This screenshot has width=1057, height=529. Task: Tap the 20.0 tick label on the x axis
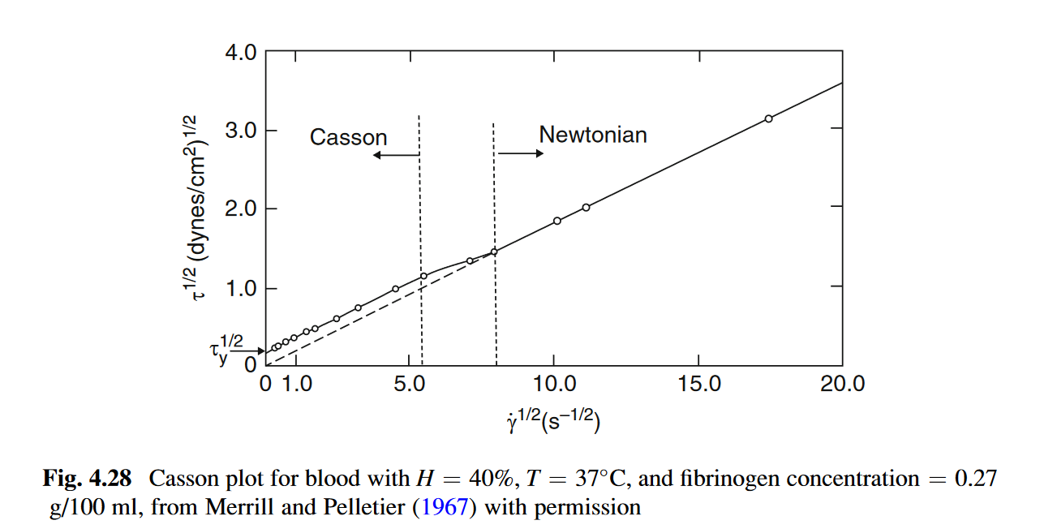843,385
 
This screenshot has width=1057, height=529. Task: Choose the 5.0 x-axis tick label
410,385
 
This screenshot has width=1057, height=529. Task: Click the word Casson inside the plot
348,137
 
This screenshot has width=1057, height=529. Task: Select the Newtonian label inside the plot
593,135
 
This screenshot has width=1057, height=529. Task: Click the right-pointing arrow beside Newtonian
521,153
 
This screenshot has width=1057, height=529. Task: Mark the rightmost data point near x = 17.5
768,118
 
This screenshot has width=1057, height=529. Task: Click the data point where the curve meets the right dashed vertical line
493,252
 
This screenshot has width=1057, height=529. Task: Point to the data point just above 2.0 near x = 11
586,207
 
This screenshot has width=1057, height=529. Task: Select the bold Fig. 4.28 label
87,479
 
